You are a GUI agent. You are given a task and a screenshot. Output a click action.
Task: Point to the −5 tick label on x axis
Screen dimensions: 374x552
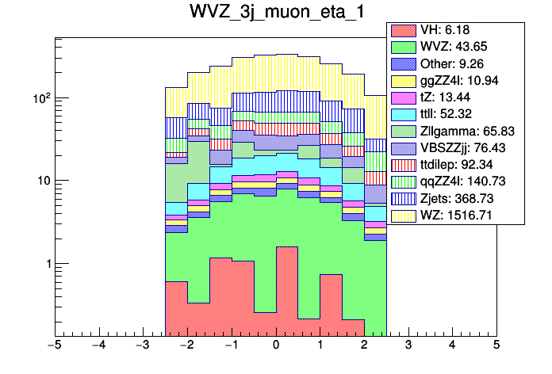click(54, 345)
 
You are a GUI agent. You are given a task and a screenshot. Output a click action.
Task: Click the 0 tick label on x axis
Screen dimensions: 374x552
click(275, 345)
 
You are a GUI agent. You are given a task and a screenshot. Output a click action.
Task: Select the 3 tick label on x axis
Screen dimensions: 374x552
click(408, 345)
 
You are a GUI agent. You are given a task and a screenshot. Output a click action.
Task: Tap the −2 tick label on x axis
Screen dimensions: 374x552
click(186, 345)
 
